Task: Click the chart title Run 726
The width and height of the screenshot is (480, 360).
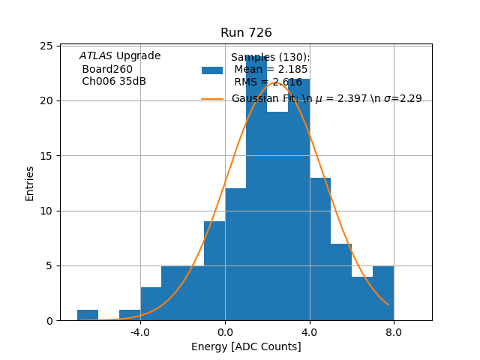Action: point(246,33)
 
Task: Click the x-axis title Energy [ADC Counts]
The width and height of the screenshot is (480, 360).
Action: point(246,346)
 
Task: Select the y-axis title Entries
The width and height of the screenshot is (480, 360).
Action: point(30,183)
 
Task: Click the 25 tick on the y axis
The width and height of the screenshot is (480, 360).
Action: point(46,46)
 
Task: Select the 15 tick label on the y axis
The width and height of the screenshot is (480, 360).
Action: point(46,156)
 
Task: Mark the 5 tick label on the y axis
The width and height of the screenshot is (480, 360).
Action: point(49,265)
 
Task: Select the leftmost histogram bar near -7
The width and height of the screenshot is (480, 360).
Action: point(88,315)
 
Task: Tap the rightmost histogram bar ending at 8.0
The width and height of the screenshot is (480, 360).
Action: point(383,293)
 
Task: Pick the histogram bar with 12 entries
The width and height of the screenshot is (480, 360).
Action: point(235,255)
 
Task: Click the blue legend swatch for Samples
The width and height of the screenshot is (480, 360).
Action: point(212,70)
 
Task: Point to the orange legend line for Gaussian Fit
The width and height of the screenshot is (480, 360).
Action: point(212,99)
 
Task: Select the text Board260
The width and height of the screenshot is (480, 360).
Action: point(107,69)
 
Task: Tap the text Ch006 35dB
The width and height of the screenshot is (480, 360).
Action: point(114,82)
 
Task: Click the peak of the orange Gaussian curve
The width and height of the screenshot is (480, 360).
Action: point(275,82)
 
